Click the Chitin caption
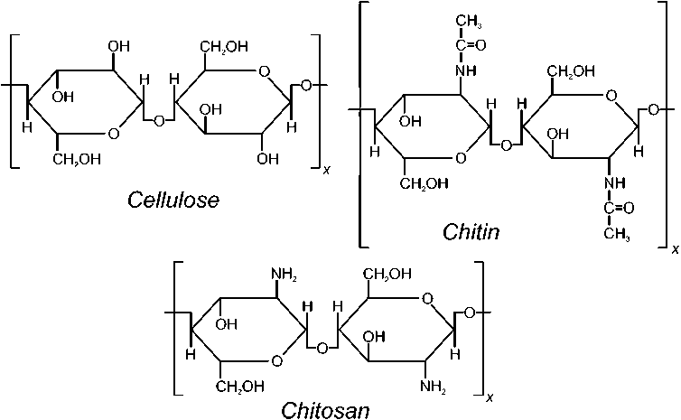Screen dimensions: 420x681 click(x=471, y=232)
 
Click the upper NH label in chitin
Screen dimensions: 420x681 click(x=464, y=70)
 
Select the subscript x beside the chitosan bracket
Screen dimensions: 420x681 click(x=490, y=397)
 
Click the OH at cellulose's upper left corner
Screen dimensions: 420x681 click(x=118, y=44)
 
